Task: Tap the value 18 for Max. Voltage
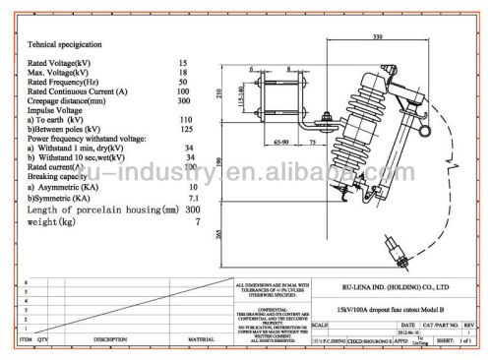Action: pos(183,73)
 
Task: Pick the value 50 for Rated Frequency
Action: pos(183,82)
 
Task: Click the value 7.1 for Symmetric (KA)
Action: pos(192,199)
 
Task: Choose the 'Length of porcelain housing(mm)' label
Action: pos(96,210)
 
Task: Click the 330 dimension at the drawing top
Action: pos(377,38)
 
